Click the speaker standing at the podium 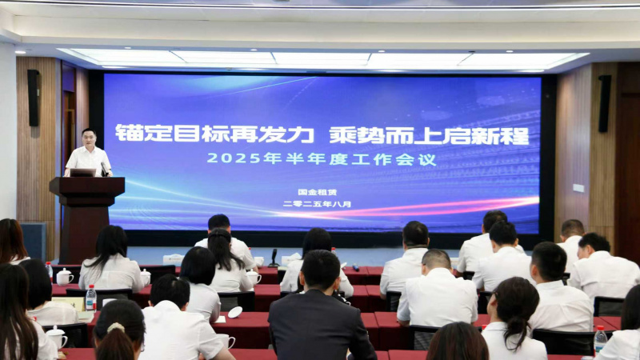point(88,153)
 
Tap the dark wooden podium point(87,218)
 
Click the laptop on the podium point(83,173)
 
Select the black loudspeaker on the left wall point(34,98)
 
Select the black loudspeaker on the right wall point(605,104)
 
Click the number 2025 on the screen point(234,158)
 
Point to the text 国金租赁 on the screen point(317,192)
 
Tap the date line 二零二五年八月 point(317,204)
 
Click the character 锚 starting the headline point(129,133)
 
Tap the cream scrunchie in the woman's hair point(116,327)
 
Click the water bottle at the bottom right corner point(600,340)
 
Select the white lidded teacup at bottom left point(57,337)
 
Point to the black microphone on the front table point(274,258)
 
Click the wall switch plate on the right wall point(578,188)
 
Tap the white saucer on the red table point(235,312)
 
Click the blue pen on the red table point(355,268)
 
